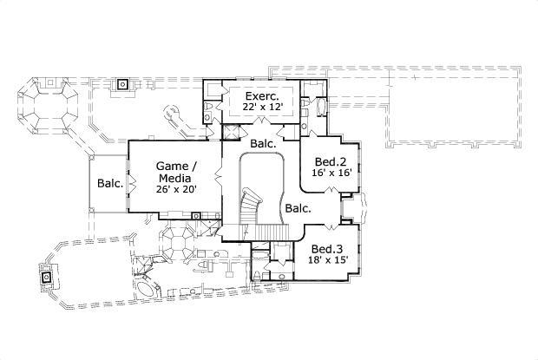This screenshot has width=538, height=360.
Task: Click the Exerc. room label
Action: tap(260, 95)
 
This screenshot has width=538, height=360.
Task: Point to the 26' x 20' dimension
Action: tap(176, 188)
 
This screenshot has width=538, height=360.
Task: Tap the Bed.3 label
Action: tap(327, 247)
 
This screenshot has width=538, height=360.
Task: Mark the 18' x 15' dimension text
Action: tap(327, 259)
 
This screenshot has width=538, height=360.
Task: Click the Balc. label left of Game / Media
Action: tap(109, 183)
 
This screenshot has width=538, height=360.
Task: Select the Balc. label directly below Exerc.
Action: tap(263, 143)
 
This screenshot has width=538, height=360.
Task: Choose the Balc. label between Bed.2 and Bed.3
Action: tap(299, 208)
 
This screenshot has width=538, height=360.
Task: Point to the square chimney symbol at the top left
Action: tap(123, 85)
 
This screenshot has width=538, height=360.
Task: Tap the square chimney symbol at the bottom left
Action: tap(45, 278)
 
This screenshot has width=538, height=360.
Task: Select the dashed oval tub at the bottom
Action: tap(146, 289)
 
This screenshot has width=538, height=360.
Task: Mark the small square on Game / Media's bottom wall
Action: tap(197, 215)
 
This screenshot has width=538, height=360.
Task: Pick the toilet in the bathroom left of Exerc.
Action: tap(209, 108)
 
